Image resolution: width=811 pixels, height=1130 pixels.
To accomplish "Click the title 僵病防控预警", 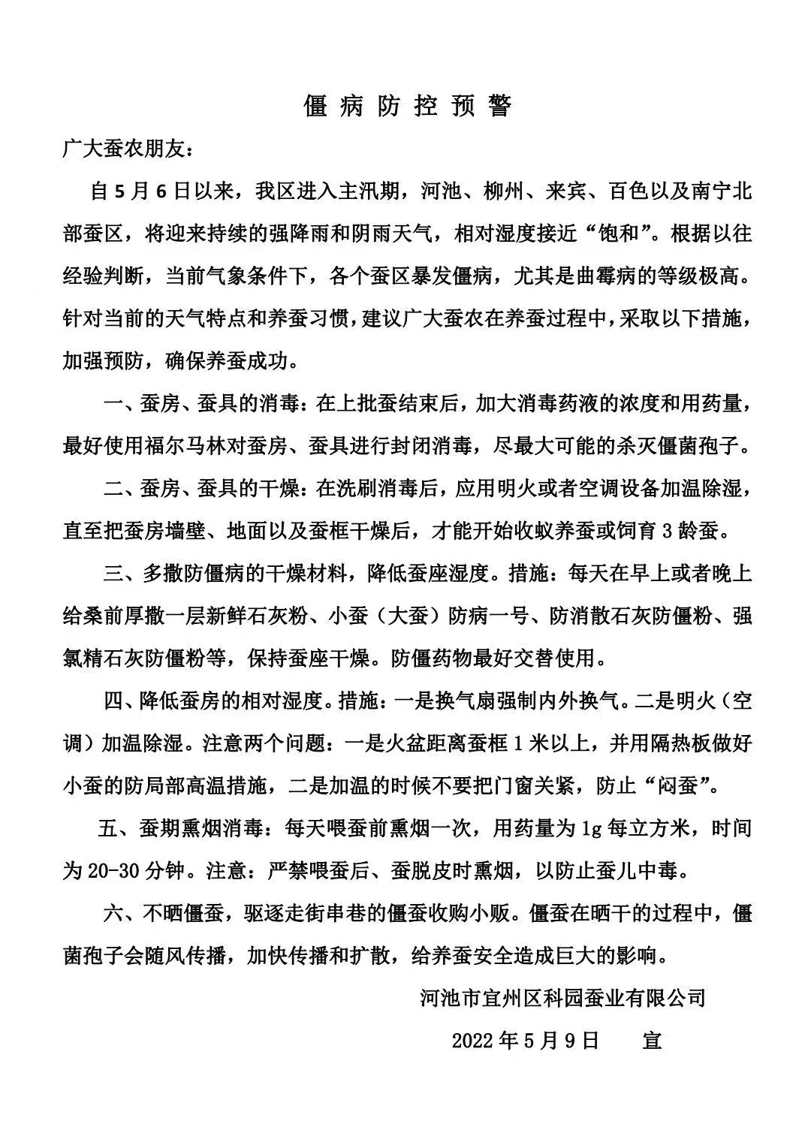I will point(408,106).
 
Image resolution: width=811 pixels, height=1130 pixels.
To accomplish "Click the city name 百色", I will point(628,192).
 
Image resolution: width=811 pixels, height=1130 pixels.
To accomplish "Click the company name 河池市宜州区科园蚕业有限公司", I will point(562,998).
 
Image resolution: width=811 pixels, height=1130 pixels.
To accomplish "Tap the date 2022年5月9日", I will point(526,1041).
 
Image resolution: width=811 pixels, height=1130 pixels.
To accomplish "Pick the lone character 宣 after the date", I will point(651,1041).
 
